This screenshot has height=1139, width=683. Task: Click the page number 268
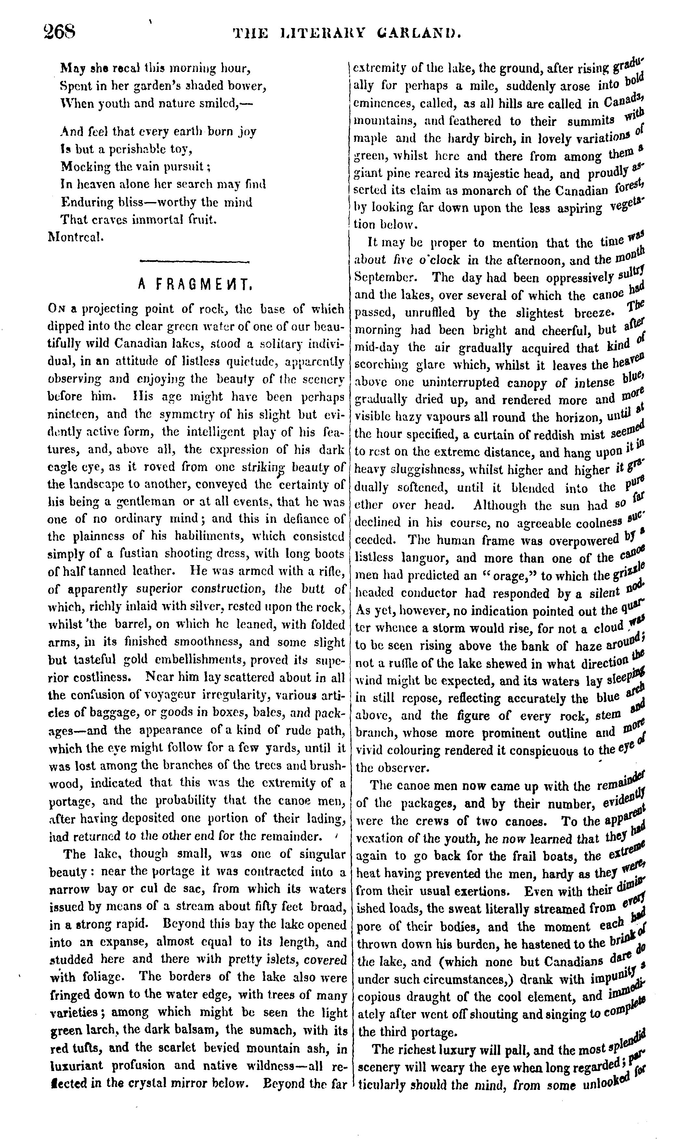(x=59, y=33)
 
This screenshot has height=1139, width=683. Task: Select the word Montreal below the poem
(x=75, y=237)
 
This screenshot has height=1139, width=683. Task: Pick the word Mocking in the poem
(x=83, y=166)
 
